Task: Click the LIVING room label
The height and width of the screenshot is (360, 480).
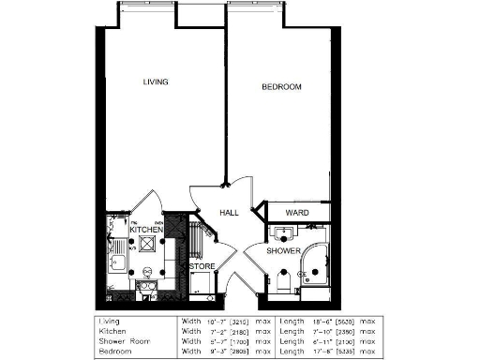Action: (x=155, y=82)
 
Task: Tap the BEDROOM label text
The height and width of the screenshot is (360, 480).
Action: (x=280, y=87)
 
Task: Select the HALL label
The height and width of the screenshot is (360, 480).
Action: (x=230, y=213)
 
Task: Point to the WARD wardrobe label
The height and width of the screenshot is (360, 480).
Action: (x=297, y=213)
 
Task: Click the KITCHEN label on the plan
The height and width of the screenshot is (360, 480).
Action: (x=146, y=230)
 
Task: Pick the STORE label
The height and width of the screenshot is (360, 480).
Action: (x=202, y=266)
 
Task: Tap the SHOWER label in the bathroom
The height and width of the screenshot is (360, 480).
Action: (x=282, y=251)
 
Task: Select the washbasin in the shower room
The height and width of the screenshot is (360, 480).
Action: (x=278, y=232)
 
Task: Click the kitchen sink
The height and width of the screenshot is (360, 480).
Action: (x=117, y=262)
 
